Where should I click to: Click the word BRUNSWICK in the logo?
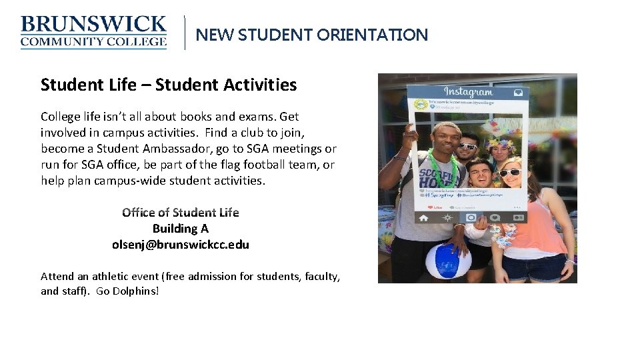(x=93, y=25)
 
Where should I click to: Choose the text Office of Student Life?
(x=180, y=213)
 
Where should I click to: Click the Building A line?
(x=180, y=229)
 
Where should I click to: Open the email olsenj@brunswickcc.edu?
(x=180, y=245)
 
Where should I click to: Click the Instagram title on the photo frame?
(x=468, y=92)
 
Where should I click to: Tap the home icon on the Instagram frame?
(x=423, y=217)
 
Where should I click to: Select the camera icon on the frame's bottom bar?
(x=471, y=218)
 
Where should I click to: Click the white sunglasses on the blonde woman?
(x=510, y=173)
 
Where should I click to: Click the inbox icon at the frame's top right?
(x=517, y=93)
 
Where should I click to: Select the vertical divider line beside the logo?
(x=185, y=33)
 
